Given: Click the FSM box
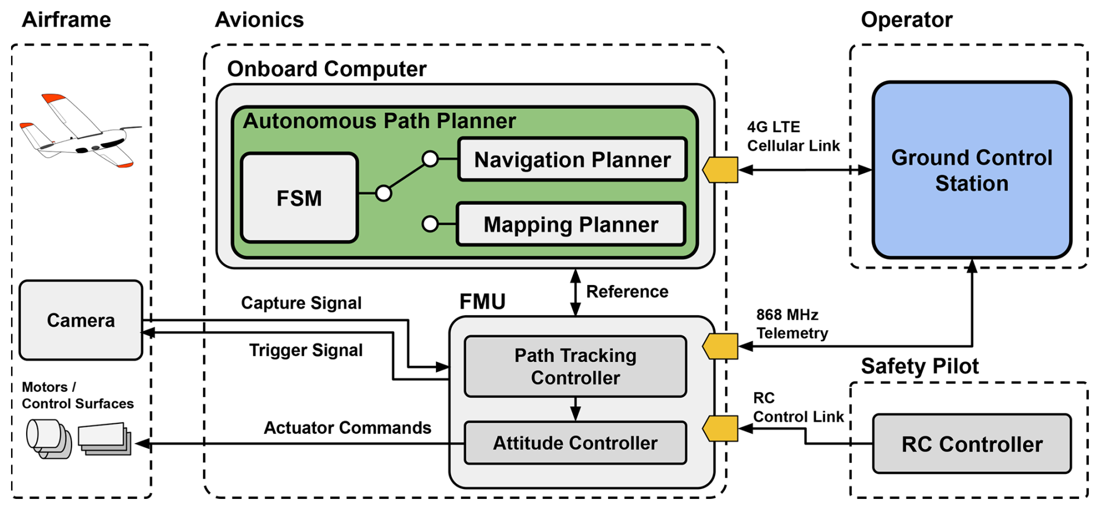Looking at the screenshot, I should (x=299, y=198).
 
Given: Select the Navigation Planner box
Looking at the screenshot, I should (x=572, y=159).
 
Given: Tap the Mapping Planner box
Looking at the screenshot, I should (x=571, y=224).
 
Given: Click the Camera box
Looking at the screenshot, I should (x=81, y=320).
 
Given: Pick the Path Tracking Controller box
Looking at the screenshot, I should (x=575, y=366).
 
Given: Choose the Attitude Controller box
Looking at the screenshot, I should (x=575, y=443).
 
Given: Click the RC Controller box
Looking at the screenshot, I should (x=972, y=444).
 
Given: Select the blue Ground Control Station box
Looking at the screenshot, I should (x=972, y=170).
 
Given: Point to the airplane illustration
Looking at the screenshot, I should (x=80, y=131).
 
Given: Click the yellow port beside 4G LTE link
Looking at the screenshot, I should (x=720, y=170).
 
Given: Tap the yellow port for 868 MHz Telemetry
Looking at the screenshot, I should (x=720, y=347).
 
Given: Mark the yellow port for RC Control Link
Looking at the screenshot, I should (x=720, y=429).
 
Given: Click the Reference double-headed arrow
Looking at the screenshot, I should (x=575, y=293).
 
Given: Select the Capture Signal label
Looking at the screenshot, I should (x=301, y=303).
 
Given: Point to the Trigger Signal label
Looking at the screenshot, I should (x=306, y=350).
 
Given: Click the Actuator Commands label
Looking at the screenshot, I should (x=347, y=428).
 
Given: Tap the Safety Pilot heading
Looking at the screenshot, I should (x=920, y=366).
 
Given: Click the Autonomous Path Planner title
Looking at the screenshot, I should (x=379, y=121).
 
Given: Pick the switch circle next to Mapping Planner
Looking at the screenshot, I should (x=430, y=224).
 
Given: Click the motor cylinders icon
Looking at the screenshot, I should (x=49, y=438).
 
